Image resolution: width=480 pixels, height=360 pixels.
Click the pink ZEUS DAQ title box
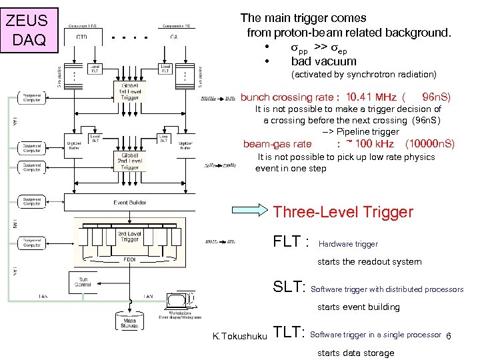[x=25, y=29]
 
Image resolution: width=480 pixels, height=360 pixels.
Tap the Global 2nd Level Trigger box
[x=130, y=160]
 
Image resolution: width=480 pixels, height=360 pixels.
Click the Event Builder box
[x=130, y=201]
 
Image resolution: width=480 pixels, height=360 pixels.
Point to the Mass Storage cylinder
[x=129, y=322]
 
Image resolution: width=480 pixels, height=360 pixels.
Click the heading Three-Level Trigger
[x=343, y=212]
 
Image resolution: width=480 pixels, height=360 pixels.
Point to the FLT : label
[x=291, y=242]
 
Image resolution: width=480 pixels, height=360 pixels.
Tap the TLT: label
[x=289, y=333]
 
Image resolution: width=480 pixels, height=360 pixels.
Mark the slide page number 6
[x=449, y=336]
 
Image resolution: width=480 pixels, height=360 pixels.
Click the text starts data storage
[x=355, y=353]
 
